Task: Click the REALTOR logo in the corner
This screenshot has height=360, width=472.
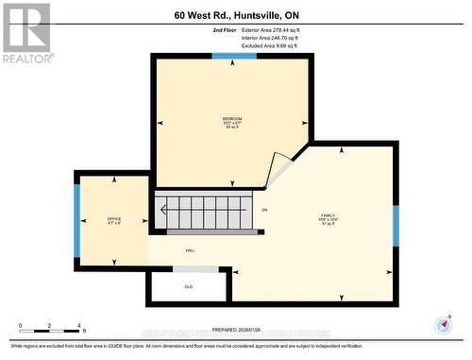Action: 25,32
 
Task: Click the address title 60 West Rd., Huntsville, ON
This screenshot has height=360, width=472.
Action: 236,14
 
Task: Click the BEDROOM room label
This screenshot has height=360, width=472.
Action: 232,118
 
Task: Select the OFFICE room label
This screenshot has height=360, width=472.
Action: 113,219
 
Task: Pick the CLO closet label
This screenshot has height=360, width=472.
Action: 189,286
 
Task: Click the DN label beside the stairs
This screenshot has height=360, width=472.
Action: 265,210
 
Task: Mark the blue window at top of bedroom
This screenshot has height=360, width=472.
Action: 233,57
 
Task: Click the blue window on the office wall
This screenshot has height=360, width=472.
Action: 77,219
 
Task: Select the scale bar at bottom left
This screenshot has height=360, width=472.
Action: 52,325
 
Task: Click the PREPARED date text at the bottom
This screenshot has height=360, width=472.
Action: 236,330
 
